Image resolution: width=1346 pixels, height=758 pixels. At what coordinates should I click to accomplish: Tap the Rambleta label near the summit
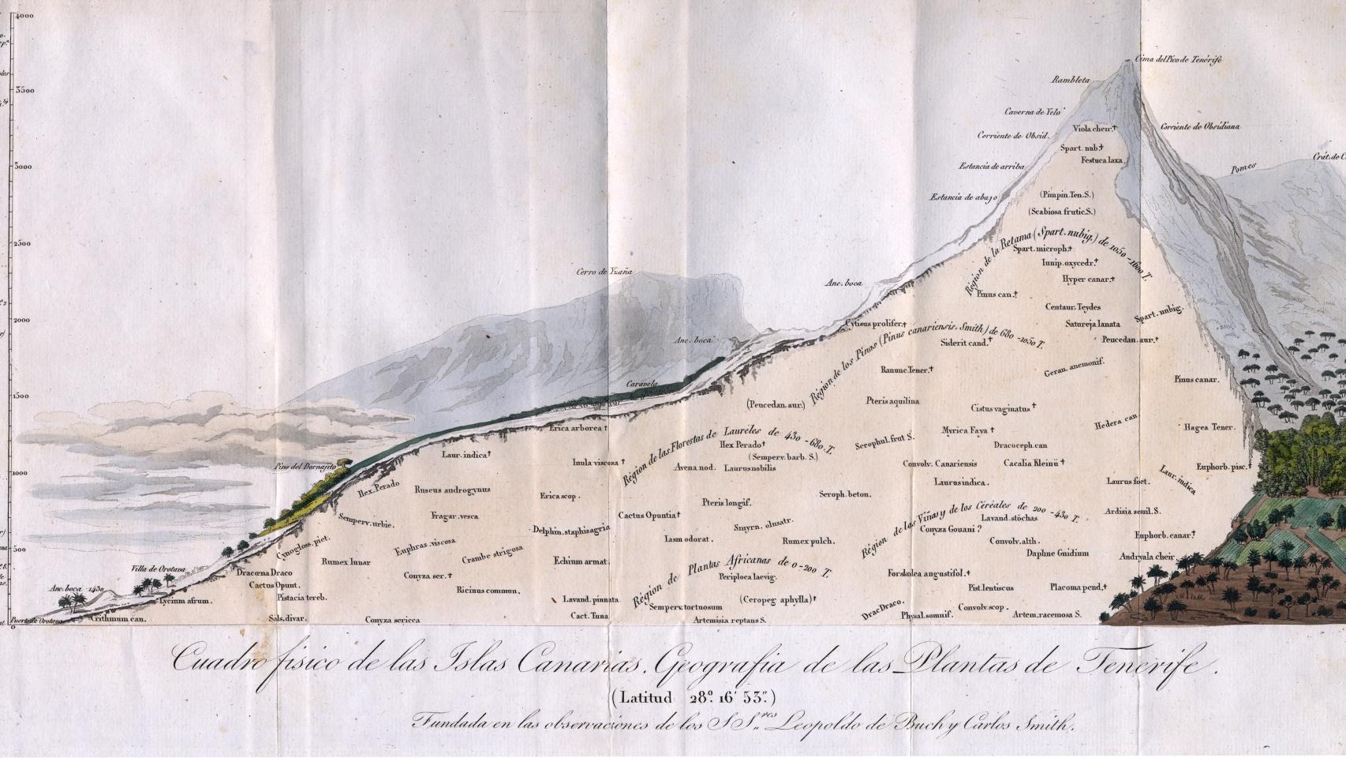pos(1071,80)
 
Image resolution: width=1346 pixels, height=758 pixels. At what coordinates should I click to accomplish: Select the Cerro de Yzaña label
pos(604,272)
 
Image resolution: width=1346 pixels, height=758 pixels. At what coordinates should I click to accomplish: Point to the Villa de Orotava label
pos(158,568)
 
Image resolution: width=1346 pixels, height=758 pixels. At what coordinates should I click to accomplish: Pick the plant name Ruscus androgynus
pos(452,490)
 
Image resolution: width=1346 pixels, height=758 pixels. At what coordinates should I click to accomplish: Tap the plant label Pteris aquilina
pos(892,401)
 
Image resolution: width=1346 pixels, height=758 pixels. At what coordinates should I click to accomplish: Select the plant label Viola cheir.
pos(1093,128)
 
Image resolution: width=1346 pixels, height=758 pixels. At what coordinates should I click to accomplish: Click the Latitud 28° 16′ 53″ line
pos(693,697)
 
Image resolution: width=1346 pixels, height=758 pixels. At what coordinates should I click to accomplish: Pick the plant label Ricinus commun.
pos(488,590)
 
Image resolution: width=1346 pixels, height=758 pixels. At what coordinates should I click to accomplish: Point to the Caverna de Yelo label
pos(1030,111)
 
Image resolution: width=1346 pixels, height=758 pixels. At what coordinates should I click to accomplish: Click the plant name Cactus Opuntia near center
pos(648,516)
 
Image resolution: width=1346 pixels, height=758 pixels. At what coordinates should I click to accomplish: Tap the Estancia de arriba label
pos(992,167)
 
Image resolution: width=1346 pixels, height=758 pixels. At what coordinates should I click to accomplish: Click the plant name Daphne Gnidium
pos(1057,553)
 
